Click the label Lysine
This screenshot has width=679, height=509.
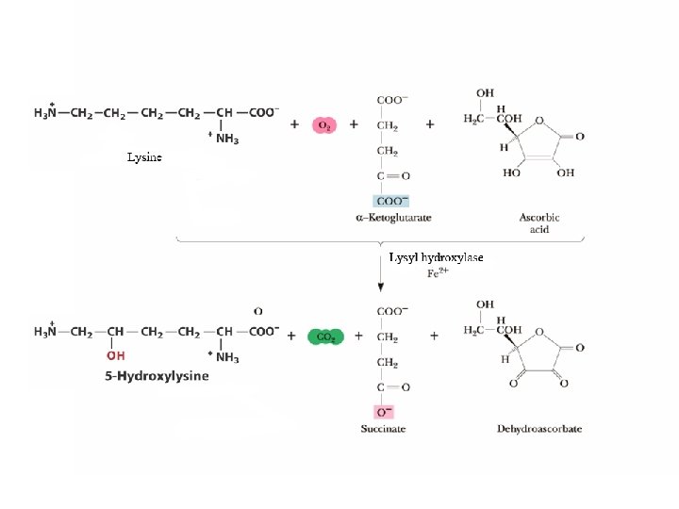[144, 157]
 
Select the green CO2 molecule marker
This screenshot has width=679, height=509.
[326, 336]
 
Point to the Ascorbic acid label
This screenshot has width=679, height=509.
[539, 222]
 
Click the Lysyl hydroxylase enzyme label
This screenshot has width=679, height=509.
[436, 257]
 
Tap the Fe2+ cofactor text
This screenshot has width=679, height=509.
[438, 273]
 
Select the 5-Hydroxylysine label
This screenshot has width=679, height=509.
[157, 376]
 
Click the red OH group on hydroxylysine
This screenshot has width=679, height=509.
[115, 356]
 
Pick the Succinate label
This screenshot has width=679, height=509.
[383, 429]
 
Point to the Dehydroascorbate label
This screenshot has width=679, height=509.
[539, 429]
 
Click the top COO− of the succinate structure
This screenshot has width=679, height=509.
[391, 311]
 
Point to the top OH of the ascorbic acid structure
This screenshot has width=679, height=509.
[484, 92]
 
